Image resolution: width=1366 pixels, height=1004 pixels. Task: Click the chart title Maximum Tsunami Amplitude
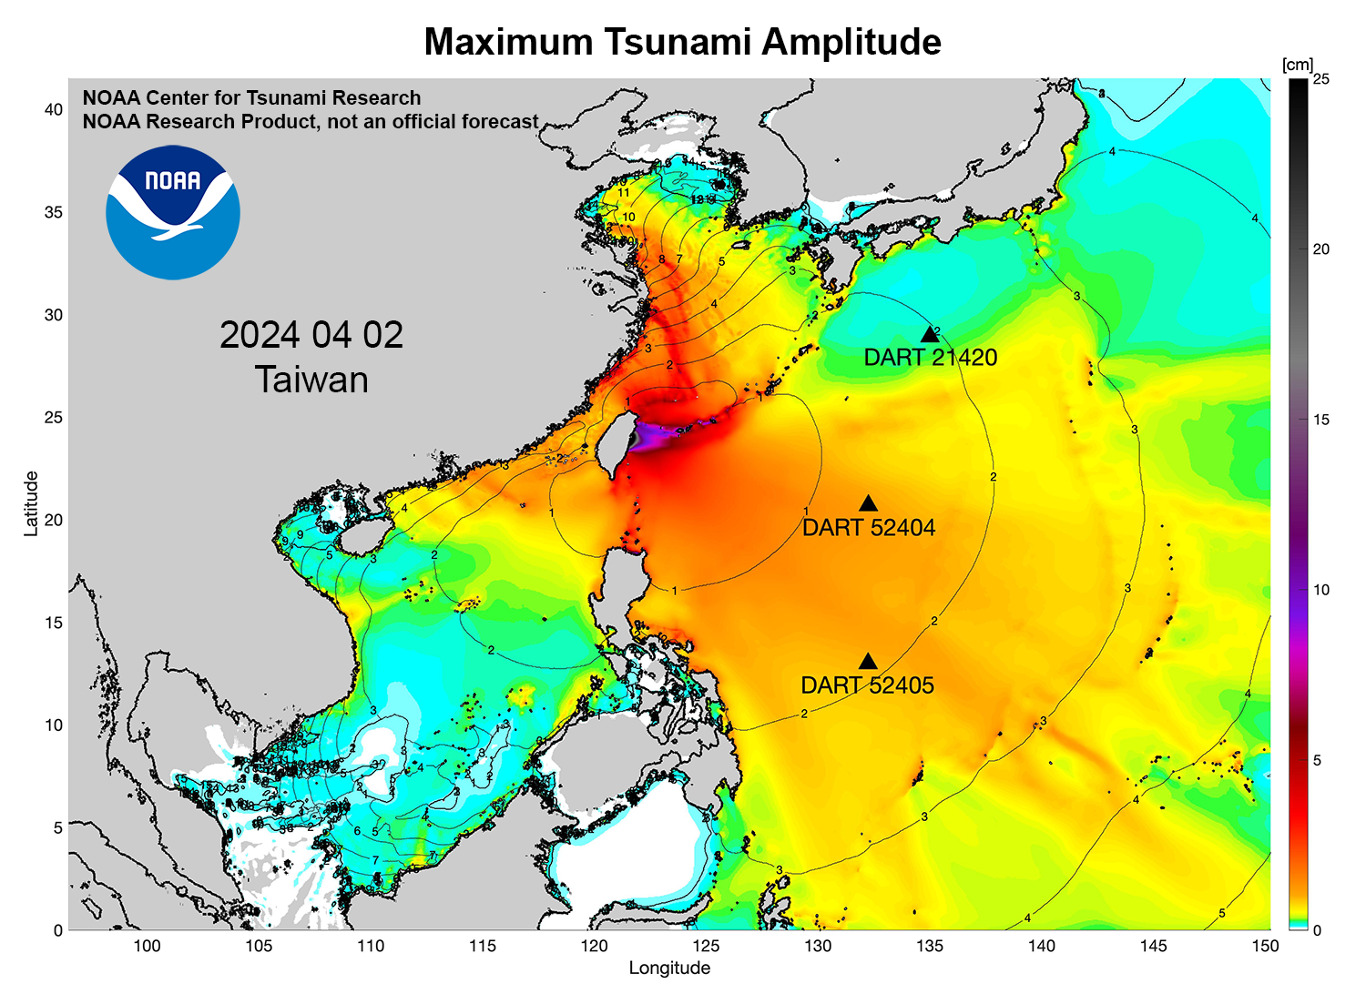tap(682, 42)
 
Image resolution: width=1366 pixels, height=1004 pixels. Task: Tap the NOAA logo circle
tap(173, 212)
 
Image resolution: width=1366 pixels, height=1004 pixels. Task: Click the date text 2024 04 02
tap(311, 335)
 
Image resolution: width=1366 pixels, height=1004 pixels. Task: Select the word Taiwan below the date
tap(311, 380)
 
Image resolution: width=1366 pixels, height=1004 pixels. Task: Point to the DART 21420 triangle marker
tap(930, 335)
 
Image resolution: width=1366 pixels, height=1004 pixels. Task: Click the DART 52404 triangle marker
tap(868, 504)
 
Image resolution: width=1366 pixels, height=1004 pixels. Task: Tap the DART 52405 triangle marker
tap(868, 662)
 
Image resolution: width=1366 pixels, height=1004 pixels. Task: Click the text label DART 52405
tap(867, 685)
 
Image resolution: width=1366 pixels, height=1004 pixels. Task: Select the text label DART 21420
tap(930, 358)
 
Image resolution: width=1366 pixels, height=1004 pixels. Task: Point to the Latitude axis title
tap(31, 502)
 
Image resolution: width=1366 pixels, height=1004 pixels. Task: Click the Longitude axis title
tap(669, 968)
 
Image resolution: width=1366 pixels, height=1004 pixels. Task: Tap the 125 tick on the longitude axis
tap(706, 946)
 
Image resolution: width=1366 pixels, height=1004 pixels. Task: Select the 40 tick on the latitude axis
tap(54, 109)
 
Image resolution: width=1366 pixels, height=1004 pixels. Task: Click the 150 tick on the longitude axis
tap(1265, 946)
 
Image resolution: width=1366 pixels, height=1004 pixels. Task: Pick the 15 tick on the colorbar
tap(1320, 420)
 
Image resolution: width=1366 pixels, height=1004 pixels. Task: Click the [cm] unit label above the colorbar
tap(1297, 65)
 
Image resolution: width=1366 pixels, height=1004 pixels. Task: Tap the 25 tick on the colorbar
tap(1320, 79)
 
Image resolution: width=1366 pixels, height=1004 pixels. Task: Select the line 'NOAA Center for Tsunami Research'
tap(251, 98)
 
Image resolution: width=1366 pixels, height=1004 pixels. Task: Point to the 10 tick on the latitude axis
tap(54, 725)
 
